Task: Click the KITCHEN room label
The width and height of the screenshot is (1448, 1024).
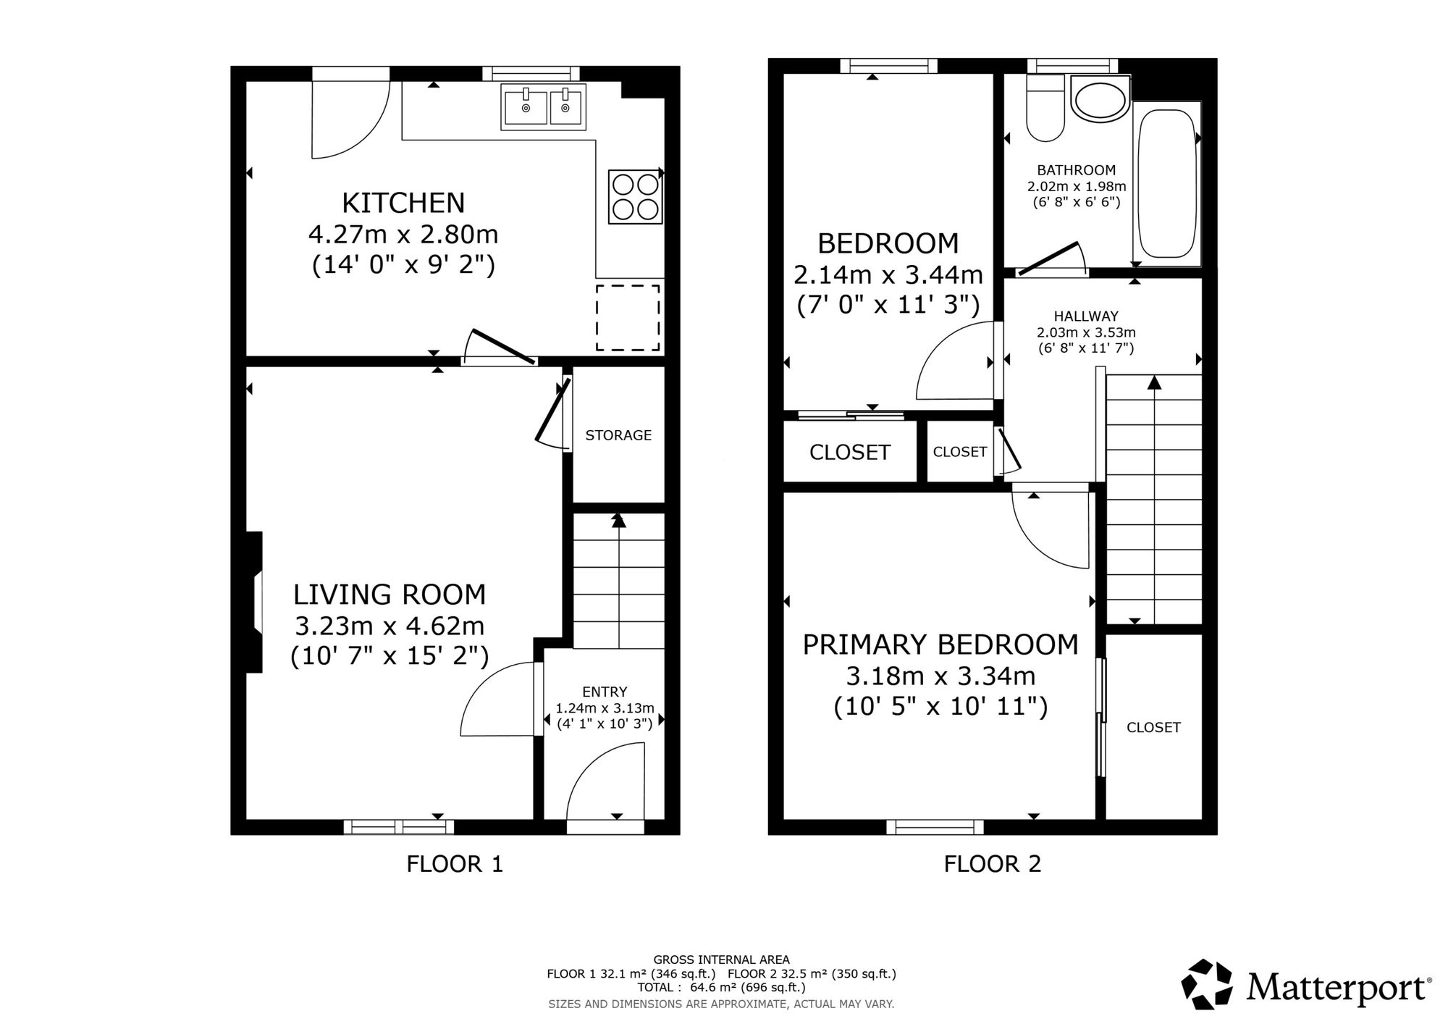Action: (x=403, y=203)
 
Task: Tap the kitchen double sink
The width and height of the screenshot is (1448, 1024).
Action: (x=543, y=106)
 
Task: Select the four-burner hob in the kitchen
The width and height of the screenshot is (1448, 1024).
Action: (x=635, y=196)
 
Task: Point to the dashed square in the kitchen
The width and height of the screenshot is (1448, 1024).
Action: (x=628, y=317)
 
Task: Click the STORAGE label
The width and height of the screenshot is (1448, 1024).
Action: (x=618, y=435)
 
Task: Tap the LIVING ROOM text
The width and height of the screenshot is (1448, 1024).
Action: (x=390, y=595)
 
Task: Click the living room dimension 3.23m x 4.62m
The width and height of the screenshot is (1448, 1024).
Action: (x=390, y=625)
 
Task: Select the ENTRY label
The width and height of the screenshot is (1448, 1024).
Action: (x=605, y=692)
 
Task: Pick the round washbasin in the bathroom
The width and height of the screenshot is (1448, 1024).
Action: (x=1100, y=98)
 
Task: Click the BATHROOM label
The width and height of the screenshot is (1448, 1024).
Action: (x=1076, y=170)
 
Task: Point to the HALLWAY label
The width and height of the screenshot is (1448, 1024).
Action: (x=1086, y=316)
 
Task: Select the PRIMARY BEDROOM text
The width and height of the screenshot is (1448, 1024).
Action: (x=940, y=645)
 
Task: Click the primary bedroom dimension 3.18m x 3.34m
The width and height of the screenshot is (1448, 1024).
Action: (x=940, y=676)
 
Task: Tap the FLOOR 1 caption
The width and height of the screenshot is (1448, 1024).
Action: (x=455, y=864)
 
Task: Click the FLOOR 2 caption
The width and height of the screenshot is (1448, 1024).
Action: (x=993, y=864)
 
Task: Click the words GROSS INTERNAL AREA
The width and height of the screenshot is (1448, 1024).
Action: (x=721, y=960)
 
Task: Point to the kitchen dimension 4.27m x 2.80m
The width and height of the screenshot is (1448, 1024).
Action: (x=403, y=235)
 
